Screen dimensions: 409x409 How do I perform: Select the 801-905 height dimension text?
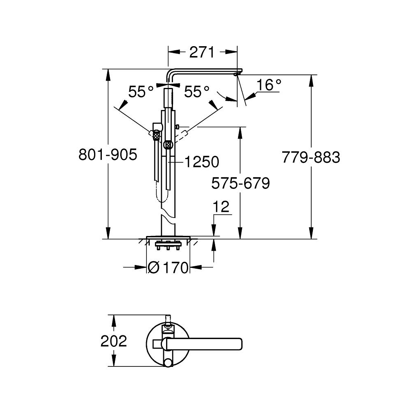tap(108, 155)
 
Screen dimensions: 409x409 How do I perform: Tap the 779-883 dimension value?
tap(311, 157)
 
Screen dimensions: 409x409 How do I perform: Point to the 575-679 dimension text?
tap(240, 183)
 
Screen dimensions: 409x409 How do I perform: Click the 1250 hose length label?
tap(201, 162)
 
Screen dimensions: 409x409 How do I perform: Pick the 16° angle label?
tap(270, 85)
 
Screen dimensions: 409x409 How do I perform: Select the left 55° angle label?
tap(141, 92)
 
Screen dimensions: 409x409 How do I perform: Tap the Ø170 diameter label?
tap(169, 268)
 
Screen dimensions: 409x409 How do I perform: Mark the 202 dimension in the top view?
tap(114, 341)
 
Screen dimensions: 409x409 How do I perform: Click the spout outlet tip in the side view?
tap(236, 75)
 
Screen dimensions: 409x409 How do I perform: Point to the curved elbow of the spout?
tap(171, 74)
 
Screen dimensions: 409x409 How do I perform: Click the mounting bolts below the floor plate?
tap(168, 247)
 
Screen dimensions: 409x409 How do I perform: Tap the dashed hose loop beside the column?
tap(163, 196)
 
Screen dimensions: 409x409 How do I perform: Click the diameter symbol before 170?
tap(154, 268)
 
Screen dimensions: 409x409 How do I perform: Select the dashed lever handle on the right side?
tap(180, 135)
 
